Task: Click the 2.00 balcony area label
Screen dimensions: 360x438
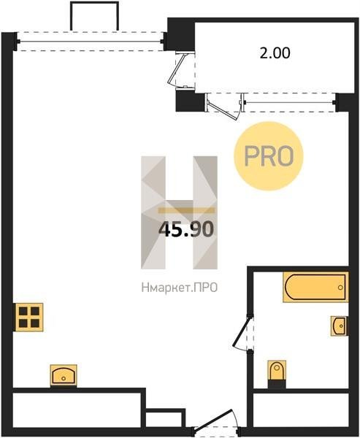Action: pyautogui.click(x=275, y=53)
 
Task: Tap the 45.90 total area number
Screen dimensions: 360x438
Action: pyautogui.click(x=186, y=229)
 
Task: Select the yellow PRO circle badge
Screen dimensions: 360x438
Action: pyautogui.click(x=269, y=156)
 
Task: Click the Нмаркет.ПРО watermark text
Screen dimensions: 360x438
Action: pyautogui.click(x=180, y=288)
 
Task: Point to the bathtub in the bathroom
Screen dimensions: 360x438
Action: pyautogui.click(x=315, y=287)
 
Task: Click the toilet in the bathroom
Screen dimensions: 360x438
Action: pyautogui.click(x=277, y=374)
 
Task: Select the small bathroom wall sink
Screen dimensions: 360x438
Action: pyautogui.click(x=340, y=326)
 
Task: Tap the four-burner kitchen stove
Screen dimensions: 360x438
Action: pyautogui.click(x=29, y=317)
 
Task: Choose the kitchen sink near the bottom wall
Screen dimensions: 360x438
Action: pyautogui.click(x=64, y=375)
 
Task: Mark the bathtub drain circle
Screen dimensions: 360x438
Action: pyautogui.click(x=340, y=288)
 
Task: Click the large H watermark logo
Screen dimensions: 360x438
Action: pyautogui.click(x=179, y=212)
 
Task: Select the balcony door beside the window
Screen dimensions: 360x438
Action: pyautogui.click(x=223, y=106)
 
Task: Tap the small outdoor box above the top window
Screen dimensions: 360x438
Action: pyautogui.click(x=94, y=16)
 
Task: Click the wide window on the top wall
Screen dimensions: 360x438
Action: pyautogui.click(x=91, y=42)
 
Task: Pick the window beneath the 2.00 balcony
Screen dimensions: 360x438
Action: pyautogui.click(x=290, y=102)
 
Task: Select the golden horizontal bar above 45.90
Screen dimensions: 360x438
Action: pyautogui.click(x=186, y=210)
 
